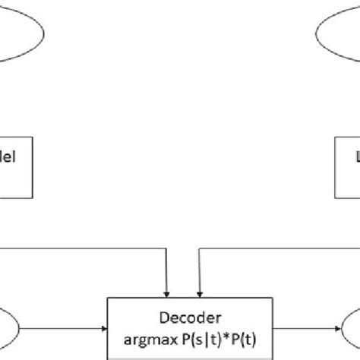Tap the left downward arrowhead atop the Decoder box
click(x=167, y=291)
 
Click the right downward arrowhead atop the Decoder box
click(x=200, y=291)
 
